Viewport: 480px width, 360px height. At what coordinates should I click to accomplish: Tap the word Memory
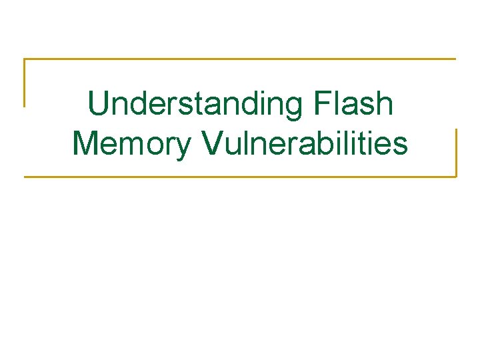pyautogui.click(x=131, y=144)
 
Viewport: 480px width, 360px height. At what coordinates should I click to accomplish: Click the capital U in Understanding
pyautogui.click(x=98, y=104)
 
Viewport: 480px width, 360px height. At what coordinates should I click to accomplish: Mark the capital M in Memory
pyautogui.click(x=85, y=144)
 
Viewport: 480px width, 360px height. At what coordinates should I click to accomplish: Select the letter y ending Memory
pyautogui.click(x=182, y=147)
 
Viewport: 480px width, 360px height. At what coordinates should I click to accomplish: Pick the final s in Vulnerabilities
pyautogui.click(x=399, y=147)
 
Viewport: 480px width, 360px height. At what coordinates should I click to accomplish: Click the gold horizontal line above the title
pyautogui.click(x=240, y=59)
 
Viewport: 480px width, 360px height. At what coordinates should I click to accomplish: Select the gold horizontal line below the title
pyautogui.click(x=240, y=177)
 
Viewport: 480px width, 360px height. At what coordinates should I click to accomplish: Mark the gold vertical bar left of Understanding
pyautogui.click(x=25, y=83)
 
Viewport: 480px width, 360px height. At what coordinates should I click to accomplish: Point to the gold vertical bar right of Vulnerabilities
pyautogui.click(x=456, y=153)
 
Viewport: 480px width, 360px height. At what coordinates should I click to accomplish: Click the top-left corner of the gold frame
pyautogui.click(x=25, y=59)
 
